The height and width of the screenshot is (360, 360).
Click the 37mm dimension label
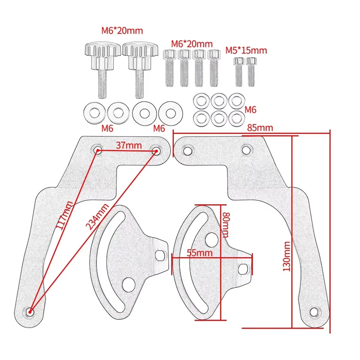point(129,145)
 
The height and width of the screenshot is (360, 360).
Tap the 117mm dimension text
point(64,215)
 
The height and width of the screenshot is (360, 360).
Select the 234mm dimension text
point(97,216)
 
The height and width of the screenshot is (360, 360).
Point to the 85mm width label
point(260,128)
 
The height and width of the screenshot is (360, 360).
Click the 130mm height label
point(287,256)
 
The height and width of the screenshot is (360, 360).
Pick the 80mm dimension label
point(226,225)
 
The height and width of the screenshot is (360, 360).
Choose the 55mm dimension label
point(199,253)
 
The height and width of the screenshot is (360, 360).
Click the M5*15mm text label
point(246,50)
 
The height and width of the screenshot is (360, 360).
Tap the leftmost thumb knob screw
point(103,69)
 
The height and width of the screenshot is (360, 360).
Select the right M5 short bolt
point(251,72)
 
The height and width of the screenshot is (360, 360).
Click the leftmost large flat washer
point(94,113)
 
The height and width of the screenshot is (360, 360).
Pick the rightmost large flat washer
point(171,113)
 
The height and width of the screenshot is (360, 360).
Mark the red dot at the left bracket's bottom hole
point(30,311)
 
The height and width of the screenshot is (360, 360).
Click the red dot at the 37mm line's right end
point(156,151)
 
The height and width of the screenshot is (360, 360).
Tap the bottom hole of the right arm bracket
point(314,312)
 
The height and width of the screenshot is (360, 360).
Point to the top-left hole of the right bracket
point(188,151)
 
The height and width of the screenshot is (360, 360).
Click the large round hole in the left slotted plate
point(128,284)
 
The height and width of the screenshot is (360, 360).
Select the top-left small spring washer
point(201,100)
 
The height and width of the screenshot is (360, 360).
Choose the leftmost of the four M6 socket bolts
point(170,68)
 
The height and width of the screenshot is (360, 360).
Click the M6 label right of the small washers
point(250,110)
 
